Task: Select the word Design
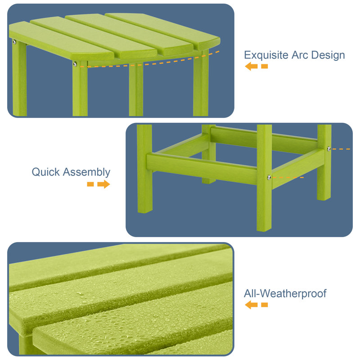[x=331, y=55]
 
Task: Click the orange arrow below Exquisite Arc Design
[x=256, y=67]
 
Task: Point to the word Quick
[x=46, y=172]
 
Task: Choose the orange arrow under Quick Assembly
[x=99, y=184]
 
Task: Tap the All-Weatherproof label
[x=285, y=294]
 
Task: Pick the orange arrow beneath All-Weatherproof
[x=256, y=305]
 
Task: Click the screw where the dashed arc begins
[x=75, y=64]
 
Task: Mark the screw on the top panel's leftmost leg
[x=14, y=42]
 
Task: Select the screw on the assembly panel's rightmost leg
[x=329, y=148]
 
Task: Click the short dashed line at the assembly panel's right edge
[x=342, y=148]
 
